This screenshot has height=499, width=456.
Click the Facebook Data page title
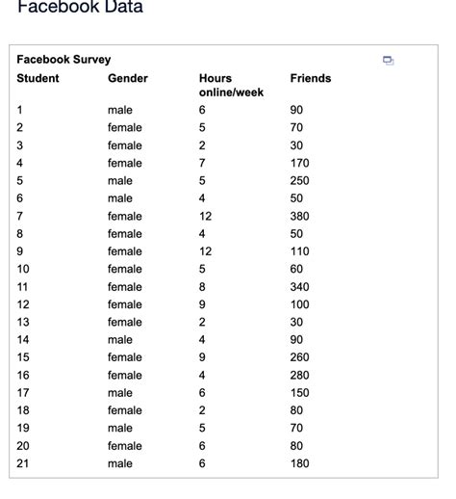click(x=80, y=8)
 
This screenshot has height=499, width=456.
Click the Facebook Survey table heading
click(x=63, y=60)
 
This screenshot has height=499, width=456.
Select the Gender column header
click(x=127, y=78)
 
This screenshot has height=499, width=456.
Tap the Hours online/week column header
click(x=230, y=85)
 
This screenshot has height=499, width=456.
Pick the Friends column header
click(x=310, y=78)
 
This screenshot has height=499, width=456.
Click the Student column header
click(x=38, y=78)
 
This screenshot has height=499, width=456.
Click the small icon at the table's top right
click(x=388, y=61)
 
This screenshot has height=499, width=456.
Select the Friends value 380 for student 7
click(x=300, y=216)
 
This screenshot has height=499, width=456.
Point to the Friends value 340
click(x=300, y=287)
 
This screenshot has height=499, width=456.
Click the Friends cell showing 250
click(x=300, y=181)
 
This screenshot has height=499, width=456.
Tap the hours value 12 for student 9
click(x=205, y=251)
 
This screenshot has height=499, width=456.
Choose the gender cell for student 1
click(x=120, y=110)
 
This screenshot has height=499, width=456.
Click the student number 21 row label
click(x=23, y=463)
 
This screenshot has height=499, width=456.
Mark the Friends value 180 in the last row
click(x=300, y=463)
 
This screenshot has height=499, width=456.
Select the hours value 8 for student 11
click(x=202, y=287)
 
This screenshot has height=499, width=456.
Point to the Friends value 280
click(x=300, y=375)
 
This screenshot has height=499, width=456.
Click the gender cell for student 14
click(x=120, y=340)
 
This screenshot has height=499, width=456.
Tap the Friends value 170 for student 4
click(x=300, y=163)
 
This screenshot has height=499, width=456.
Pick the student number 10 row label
click(x=23, y=269)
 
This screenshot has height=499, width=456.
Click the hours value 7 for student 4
click(x=202, y=163)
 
